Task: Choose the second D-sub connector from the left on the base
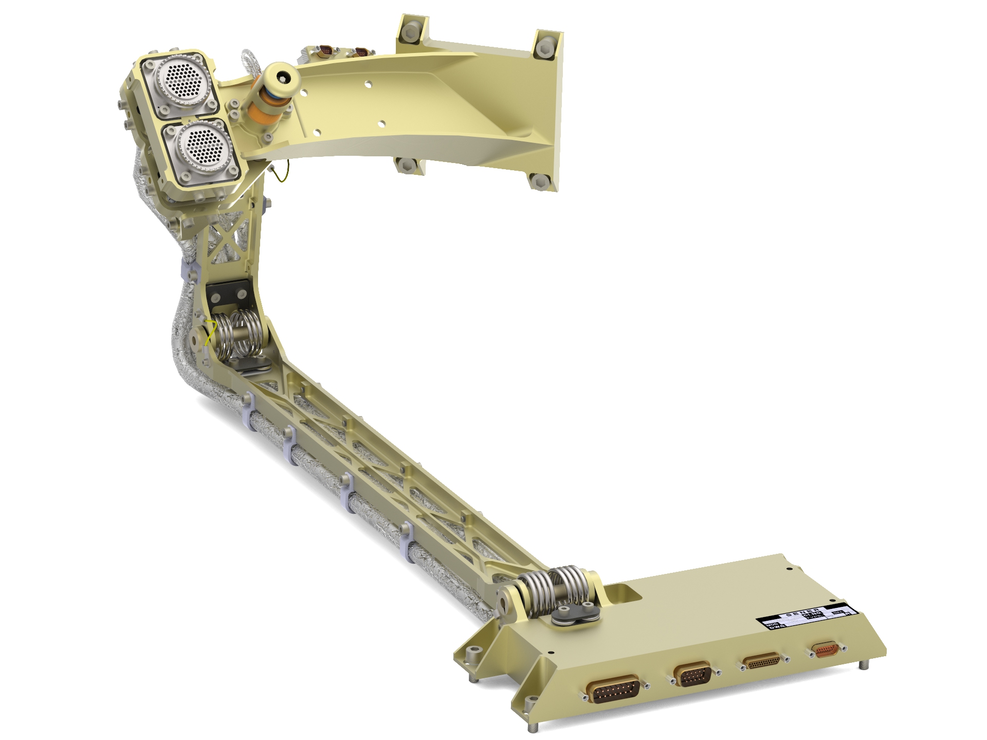point(692,676)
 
